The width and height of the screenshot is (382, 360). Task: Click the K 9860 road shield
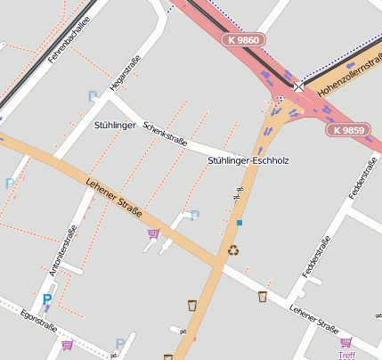(x=243, y=40)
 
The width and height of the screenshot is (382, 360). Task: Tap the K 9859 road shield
(x=347, y=130)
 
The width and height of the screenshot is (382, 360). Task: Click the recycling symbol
(x=233, y=251)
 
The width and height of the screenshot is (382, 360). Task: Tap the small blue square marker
(x=239, y=222)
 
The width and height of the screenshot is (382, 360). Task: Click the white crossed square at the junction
(x=297, y=86)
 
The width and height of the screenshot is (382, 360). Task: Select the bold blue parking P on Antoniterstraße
(x=46, y=299)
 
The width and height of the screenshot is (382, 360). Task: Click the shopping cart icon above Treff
(x=345, y=342)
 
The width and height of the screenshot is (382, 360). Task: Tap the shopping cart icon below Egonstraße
(x=67, y=345)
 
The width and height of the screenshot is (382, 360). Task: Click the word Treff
(x=346, y=355)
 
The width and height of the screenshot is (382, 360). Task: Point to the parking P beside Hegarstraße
(x=91, y=96)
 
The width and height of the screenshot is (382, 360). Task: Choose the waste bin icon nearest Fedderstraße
(x=263, y=297)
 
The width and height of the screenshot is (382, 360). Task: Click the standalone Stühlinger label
(x=115, y=126)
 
